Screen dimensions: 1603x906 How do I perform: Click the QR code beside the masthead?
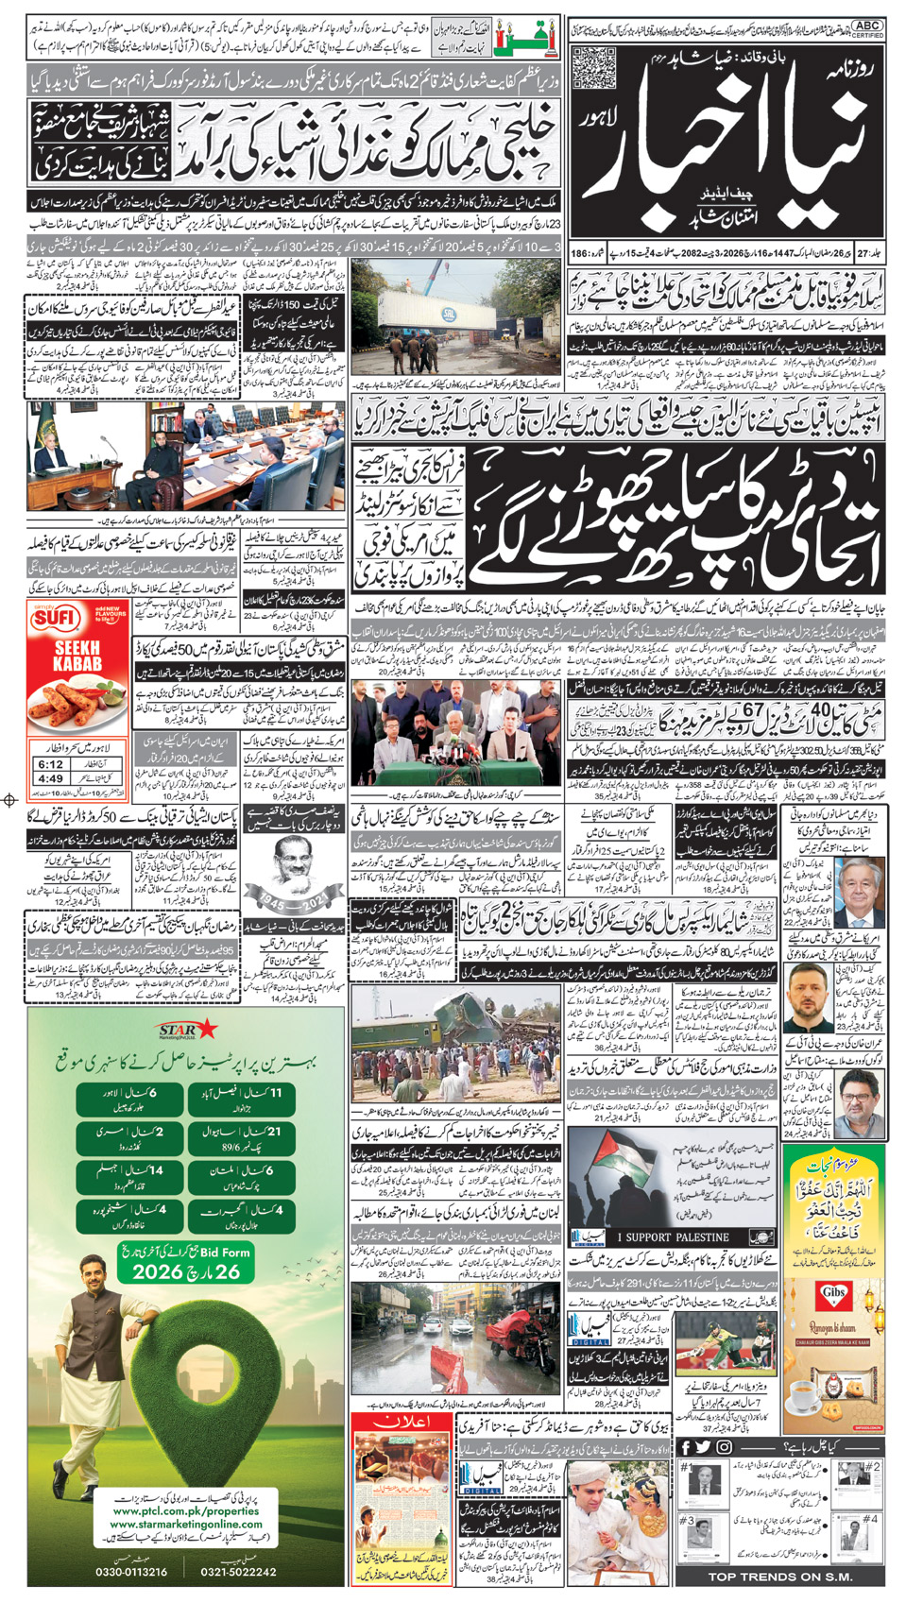coord(593,67)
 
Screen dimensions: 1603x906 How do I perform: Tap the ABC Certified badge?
coord(866,29)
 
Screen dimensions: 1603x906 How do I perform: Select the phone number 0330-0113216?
coord(131,1571)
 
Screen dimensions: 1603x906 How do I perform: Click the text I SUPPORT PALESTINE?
coord(673,1236)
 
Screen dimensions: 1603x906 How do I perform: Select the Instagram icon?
coord(724,1447)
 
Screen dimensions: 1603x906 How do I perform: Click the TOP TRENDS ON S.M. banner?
coord(780,1577)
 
